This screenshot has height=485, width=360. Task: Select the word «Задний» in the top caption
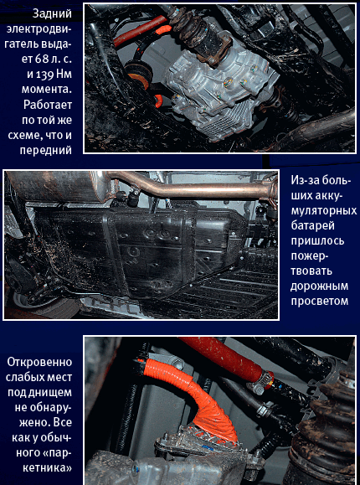point(52,13)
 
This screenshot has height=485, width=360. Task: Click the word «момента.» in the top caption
point(47,90)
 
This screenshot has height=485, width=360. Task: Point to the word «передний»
point(46,150)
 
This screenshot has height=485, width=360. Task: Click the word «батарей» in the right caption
point(312,226)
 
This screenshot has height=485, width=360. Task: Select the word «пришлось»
point(317,241)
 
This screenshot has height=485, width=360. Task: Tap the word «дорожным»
point(320,286)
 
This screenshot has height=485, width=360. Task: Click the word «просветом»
point(320,302)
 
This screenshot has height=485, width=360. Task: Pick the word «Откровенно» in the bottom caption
point(39,362)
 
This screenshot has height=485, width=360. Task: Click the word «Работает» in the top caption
point(48,105)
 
